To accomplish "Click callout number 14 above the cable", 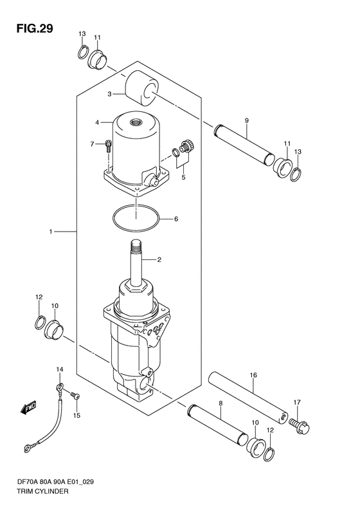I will coord(59,369).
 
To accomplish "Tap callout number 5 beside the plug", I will coord(183,177).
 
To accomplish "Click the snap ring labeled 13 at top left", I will coord(84,52).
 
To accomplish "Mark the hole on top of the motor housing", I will coord(135,122).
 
